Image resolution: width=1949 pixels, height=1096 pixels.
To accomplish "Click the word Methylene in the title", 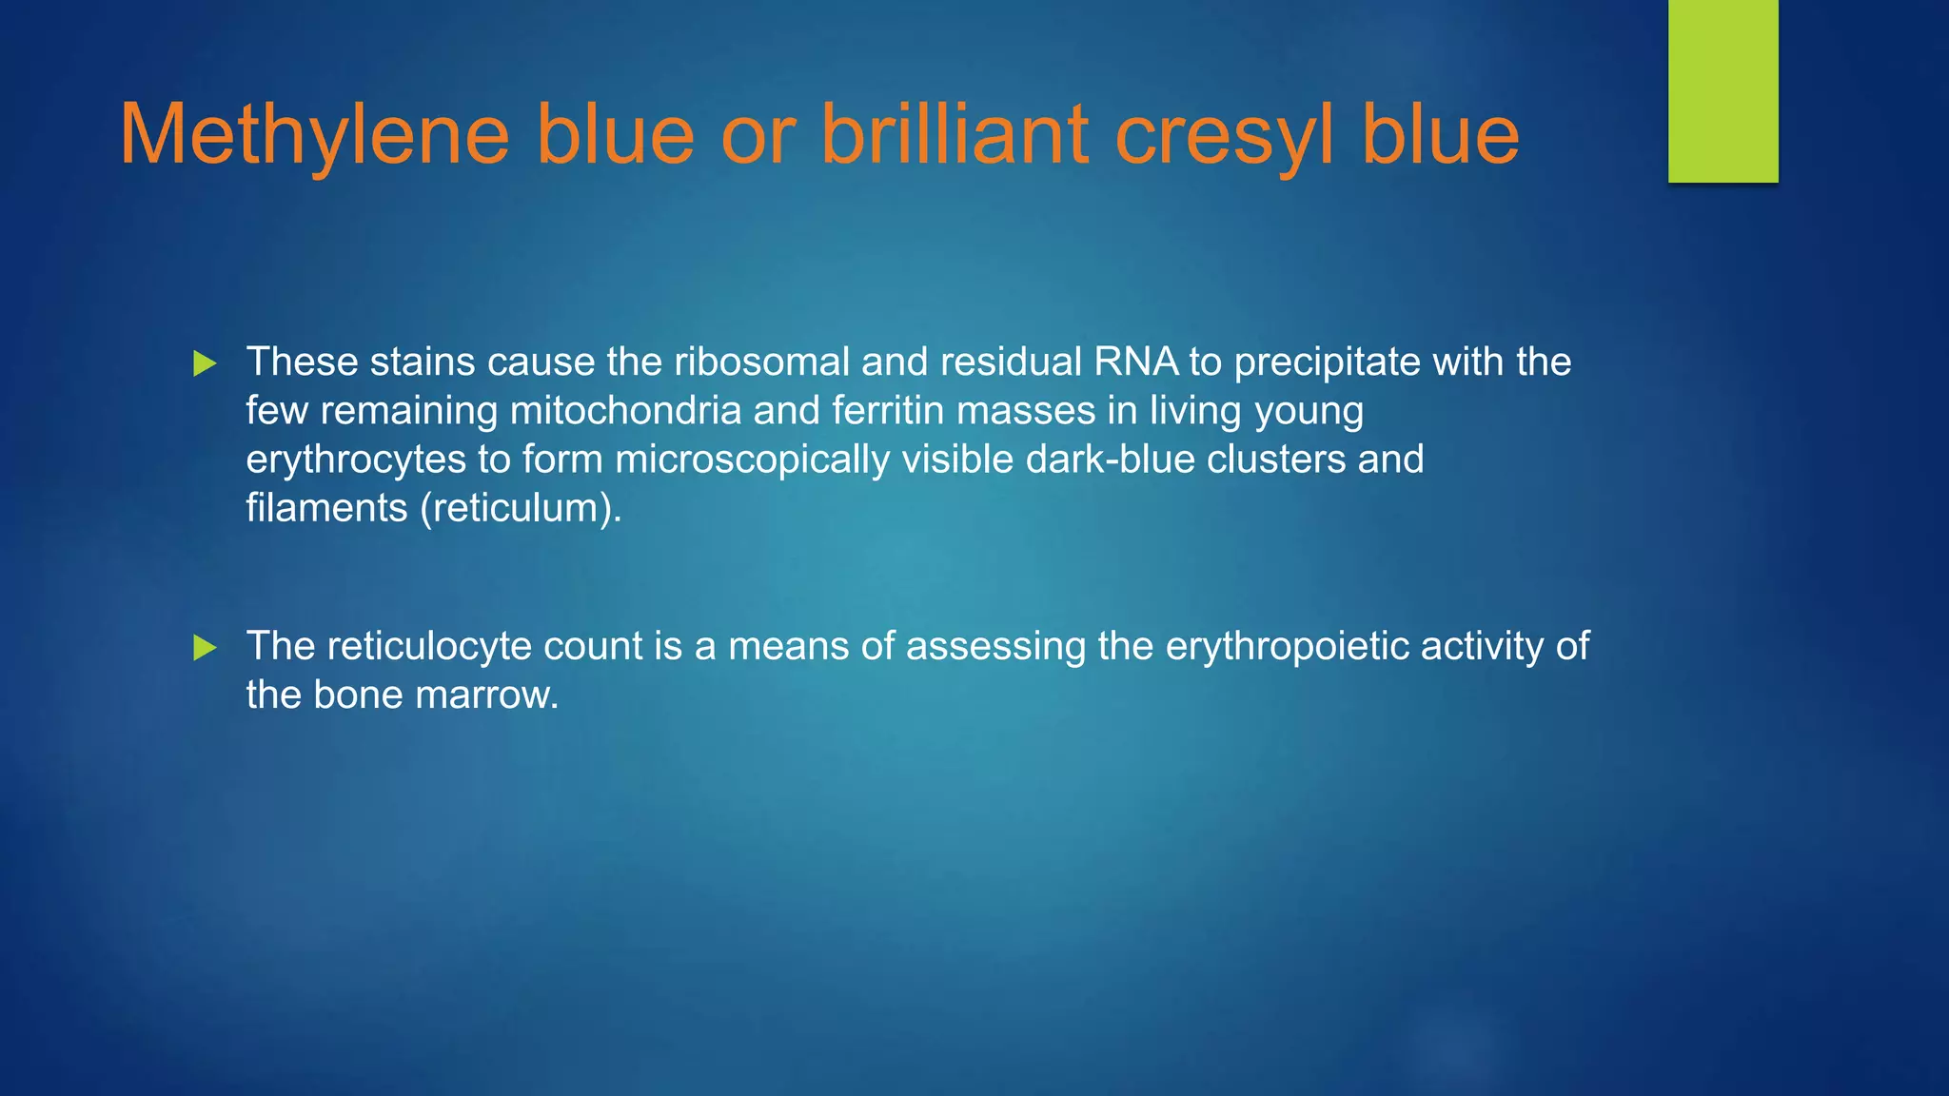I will [314, 135].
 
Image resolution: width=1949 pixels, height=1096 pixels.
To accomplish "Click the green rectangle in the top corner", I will [1723, 90].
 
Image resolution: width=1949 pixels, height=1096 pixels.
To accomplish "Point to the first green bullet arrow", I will [205, 363].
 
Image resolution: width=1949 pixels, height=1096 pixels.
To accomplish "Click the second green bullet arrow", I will [205, 648].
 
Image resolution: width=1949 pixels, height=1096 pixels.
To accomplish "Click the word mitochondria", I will [625, 411].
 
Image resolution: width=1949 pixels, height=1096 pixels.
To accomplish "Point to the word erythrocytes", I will [356, 460].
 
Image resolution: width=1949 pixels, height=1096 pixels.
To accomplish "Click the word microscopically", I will [752, 460].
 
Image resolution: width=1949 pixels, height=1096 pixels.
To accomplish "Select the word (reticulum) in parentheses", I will [521, 508].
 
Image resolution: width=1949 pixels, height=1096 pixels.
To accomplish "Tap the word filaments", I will [326, 508].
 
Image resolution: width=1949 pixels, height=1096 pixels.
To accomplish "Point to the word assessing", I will [995, 646].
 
